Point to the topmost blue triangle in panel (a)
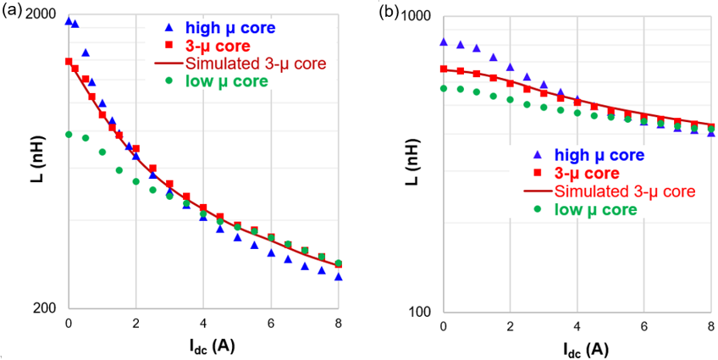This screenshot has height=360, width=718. click(69, 21)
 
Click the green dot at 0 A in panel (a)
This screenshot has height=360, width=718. click(69, 134)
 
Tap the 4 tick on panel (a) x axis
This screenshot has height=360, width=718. click(203, 324)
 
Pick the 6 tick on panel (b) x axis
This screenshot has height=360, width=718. click(645, 326)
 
